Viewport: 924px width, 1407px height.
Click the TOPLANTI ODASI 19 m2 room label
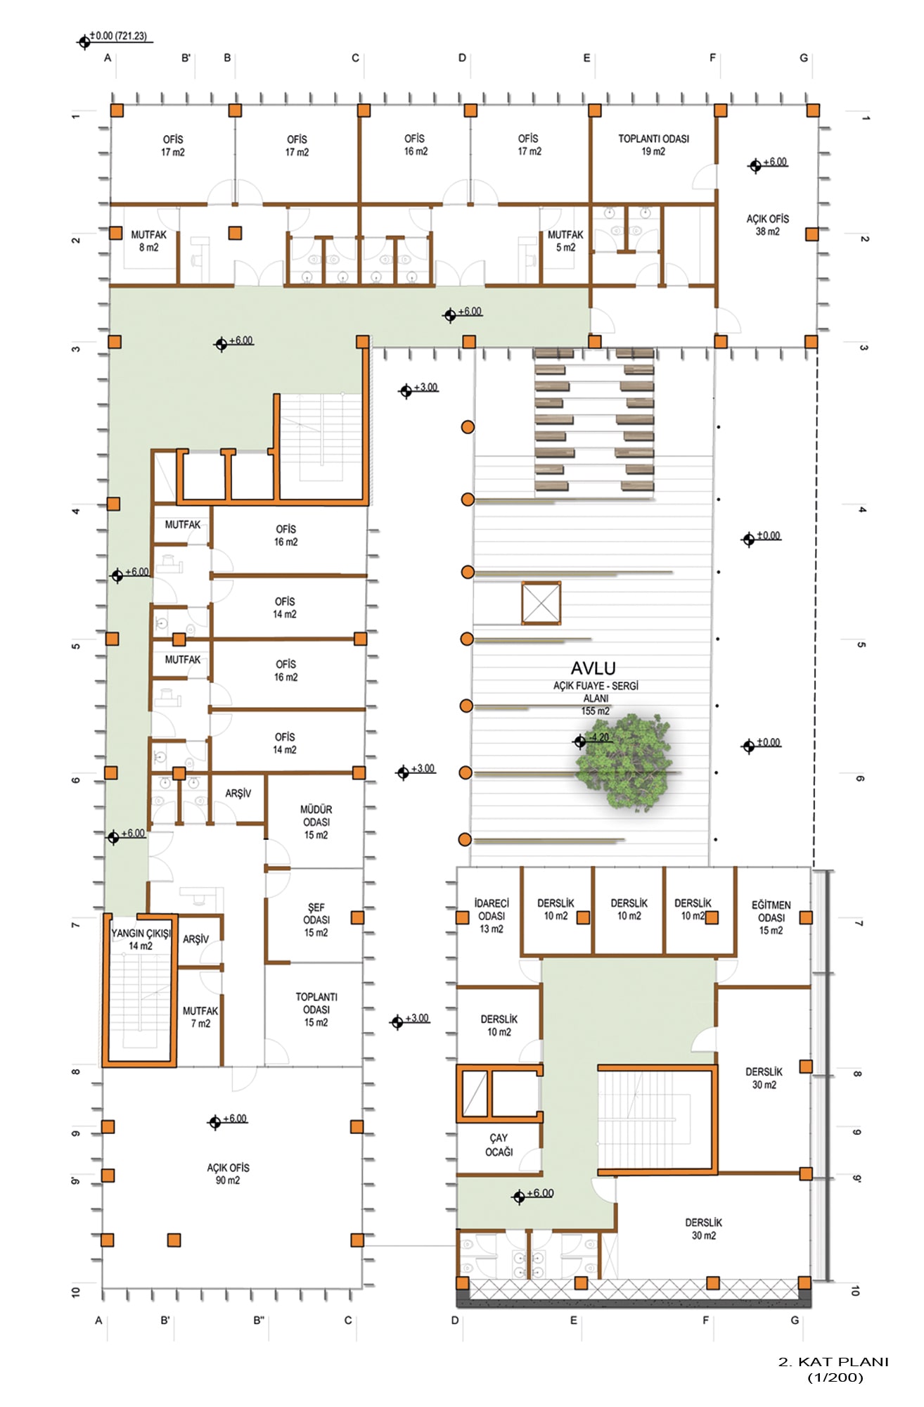pos(653,145)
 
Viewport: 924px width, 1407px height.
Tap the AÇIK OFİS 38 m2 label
pos(767,225)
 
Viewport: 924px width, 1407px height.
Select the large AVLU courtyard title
pos(593,668)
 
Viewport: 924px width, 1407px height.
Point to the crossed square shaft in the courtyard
pos(541,603)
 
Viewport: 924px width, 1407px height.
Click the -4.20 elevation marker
pos(593,739)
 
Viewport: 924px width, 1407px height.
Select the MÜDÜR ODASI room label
pos(316,822)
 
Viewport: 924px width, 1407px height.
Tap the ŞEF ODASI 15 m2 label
pos(316,919)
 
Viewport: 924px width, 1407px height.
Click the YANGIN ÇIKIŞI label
pos(141,934)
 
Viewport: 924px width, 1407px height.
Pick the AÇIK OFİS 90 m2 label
pos(228,1173)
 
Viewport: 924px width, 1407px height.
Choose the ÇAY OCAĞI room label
pos(499,1145)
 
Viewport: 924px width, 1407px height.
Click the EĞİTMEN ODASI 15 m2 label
pos(771,917)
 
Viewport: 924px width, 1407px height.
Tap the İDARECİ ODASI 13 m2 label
pos(492,916)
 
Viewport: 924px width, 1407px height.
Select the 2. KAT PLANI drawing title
pos(833,1362)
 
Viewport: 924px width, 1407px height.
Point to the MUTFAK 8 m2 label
pos(148,241)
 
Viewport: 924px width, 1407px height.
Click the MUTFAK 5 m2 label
pos(565,241)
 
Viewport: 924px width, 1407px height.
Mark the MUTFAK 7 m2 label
pos(200,1017)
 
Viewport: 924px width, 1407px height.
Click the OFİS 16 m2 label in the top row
pos(415,145)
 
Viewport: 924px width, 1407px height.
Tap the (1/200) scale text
pos(835,1378)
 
